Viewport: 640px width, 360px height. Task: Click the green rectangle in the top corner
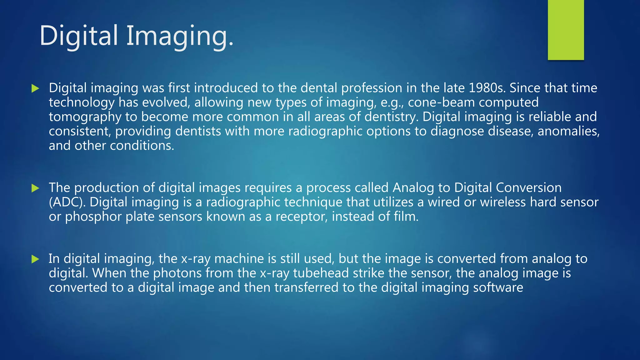[x=566, y=30]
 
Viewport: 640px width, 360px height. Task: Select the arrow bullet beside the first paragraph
[x=35, y=88]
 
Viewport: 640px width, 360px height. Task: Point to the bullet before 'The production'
[x=35, y=188]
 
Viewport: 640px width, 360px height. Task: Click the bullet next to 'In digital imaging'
[x=35, y=259]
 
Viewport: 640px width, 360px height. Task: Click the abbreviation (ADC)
[x=67, y=202]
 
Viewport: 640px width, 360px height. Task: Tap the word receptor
[x=302, y=217]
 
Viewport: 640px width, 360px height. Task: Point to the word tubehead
[x=321, y=273]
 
